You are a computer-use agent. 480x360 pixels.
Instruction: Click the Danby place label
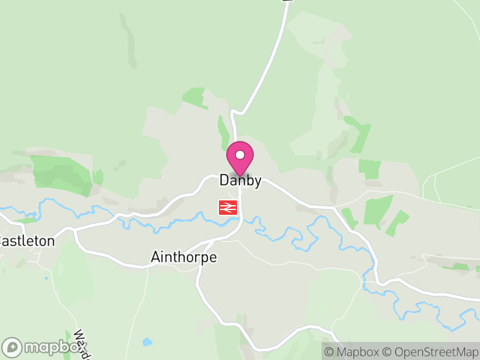(240, 180)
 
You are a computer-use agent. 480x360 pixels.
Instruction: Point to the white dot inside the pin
(240, 155)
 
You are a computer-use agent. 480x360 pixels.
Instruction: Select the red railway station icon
(229, 208)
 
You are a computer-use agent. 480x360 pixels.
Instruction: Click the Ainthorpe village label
(183, 257)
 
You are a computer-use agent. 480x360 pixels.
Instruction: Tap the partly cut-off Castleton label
(27, 241)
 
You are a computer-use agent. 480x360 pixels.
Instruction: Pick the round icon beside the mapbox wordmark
(13, 347)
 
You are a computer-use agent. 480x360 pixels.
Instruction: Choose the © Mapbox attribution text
(352, 352)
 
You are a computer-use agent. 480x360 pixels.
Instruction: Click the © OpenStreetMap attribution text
(429, 352)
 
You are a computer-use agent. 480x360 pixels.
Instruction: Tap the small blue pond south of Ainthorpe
(147, 342)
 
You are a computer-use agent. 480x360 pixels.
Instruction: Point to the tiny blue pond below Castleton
(46, 278)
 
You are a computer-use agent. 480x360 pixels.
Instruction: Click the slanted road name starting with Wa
(81, 342)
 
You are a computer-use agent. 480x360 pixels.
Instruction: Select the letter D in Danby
(224, 180)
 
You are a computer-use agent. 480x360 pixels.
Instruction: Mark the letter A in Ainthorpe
(154, 257)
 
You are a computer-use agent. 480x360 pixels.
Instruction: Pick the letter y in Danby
(257, 182)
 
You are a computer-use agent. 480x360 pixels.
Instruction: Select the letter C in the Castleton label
(2, 241)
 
